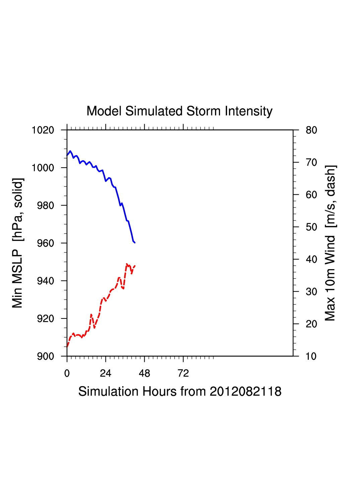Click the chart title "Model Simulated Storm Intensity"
[179, 111]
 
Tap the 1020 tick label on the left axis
[43, 130]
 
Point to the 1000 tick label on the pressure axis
[43, 168]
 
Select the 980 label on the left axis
[46, 205]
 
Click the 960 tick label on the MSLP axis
[46, 243]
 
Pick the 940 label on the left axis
[46, 281]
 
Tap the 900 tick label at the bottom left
[46, 356]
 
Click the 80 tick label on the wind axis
[311, 130]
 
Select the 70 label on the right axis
[311, 163]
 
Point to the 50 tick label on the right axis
[311, 227]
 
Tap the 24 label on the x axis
[105, 373]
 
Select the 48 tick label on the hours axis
[144, 373]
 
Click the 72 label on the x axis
[183, 373]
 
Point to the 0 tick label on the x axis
[67, 373]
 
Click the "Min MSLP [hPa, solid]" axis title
[17, 243]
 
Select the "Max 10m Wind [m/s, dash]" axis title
[330, 243]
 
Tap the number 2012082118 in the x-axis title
[245, 391]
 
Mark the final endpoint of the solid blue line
[135, 242]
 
